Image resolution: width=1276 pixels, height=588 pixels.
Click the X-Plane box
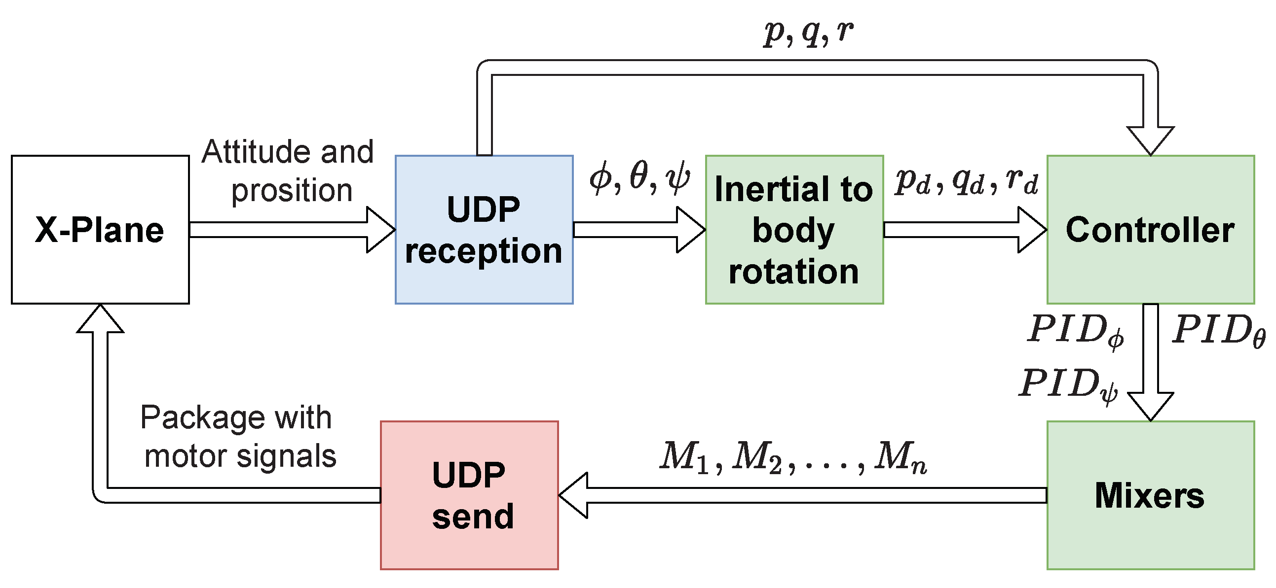point(101,230)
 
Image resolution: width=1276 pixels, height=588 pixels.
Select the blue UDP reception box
point(484,230)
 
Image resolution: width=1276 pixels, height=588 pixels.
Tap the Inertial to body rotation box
point(794,230)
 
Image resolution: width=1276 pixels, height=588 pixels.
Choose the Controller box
point(1151,230)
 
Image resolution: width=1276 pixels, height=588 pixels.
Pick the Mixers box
point(1151,495)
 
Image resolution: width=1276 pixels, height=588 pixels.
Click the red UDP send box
point(470,495)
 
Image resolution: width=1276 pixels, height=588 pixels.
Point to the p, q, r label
point(808,34)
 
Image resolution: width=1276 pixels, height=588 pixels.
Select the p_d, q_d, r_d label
point(967,181)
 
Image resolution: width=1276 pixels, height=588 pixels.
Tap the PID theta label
point(1219,330)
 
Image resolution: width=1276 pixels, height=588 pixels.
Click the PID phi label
point(1076,331)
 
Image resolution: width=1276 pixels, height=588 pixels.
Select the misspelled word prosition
point(292,191)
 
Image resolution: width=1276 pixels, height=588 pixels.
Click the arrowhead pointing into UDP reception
point(380,230)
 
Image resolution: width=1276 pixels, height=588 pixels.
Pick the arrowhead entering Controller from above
point(1151,141)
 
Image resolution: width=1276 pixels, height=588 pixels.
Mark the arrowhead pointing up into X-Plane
point(100,318)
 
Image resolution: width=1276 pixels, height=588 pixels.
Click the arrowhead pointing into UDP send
point(573,495)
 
